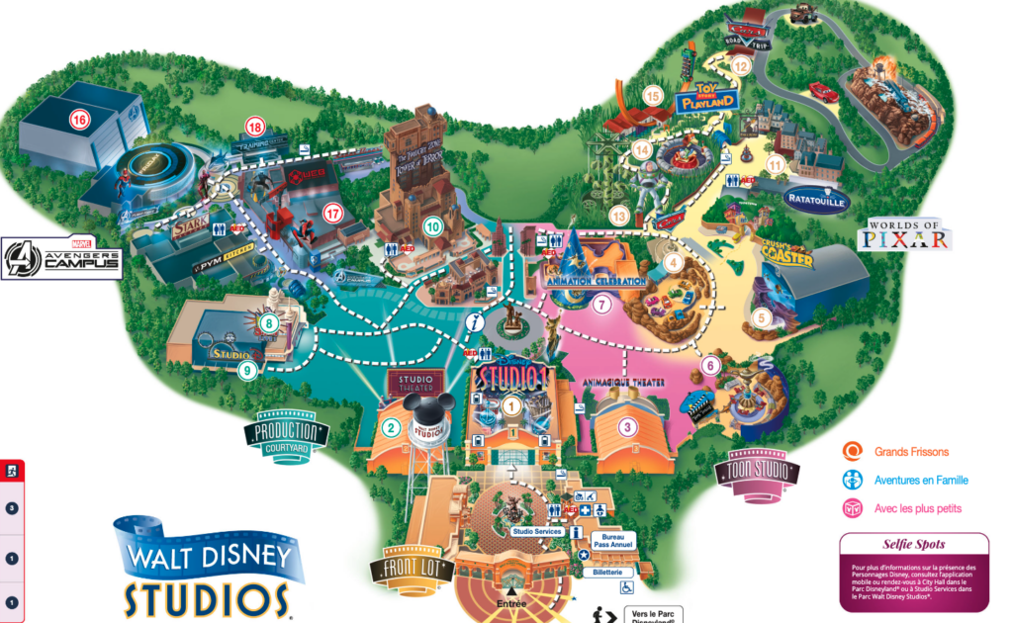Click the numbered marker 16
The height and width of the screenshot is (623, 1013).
point(78,121)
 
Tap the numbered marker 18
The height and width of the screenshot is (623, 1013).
point(256,127)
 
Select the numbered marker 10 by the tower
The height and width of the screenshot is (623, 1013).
point(431,225)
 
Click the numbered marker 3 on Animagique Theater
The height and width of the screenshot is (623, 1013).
point(626,428)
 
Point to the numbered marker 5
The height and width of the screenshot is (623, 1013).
point(761,317)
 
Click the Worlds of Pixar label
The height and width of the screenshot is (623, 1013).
point(909,233)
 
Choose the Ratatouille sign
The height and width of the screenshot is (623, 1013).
point(816,199)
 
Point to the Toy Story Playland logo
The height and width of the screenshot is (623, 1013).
point(708,96)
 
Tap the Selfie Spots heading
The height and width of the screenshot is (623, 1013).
point(914,545)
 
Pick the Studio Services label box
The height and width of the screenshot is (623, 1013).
point(537,532)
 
